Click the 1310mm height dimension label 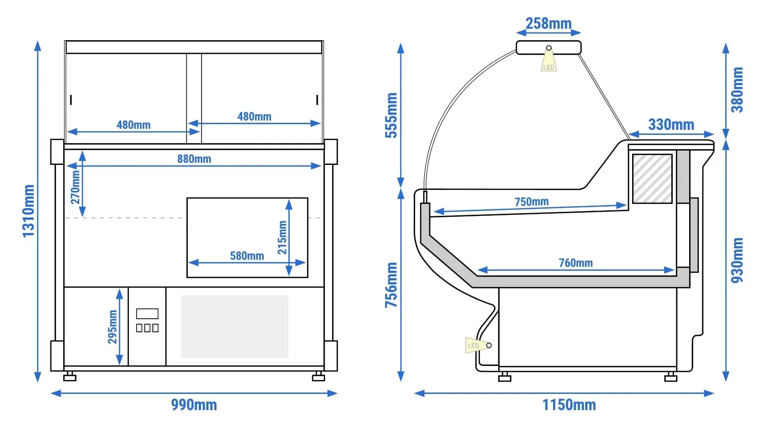pyautogui.click(x=29, y=211)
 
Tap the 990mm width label pyautogui.click(x=194, y=405)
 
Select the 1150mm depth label pyautogui.click(x=569, y=405)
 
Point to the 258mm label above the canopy pyautogui.click(x=549, y=23)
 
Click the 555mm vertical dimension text pyautogui.click(x=391, y=115)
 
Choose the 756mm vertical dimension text pyautogui.click(x=391, y=285)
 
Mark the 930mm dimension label pyautogui.click(x=737, y=261)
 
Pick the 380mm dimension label pyautogui.click(x=737, y=90)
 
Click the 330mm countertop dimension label pyautogui.click(x=671, y=125)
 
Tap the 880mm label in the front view pyautogui.click(x=194, y=159)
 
